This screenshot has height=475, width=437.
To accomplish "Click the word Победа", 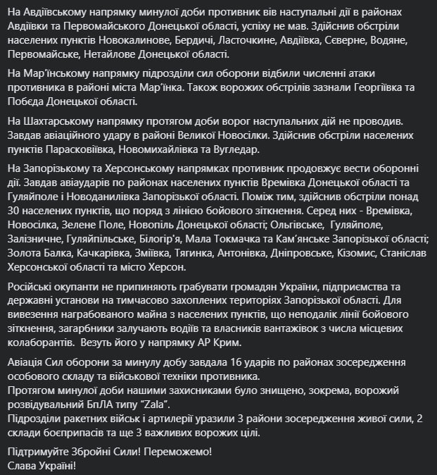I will [x=28, y=101].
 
